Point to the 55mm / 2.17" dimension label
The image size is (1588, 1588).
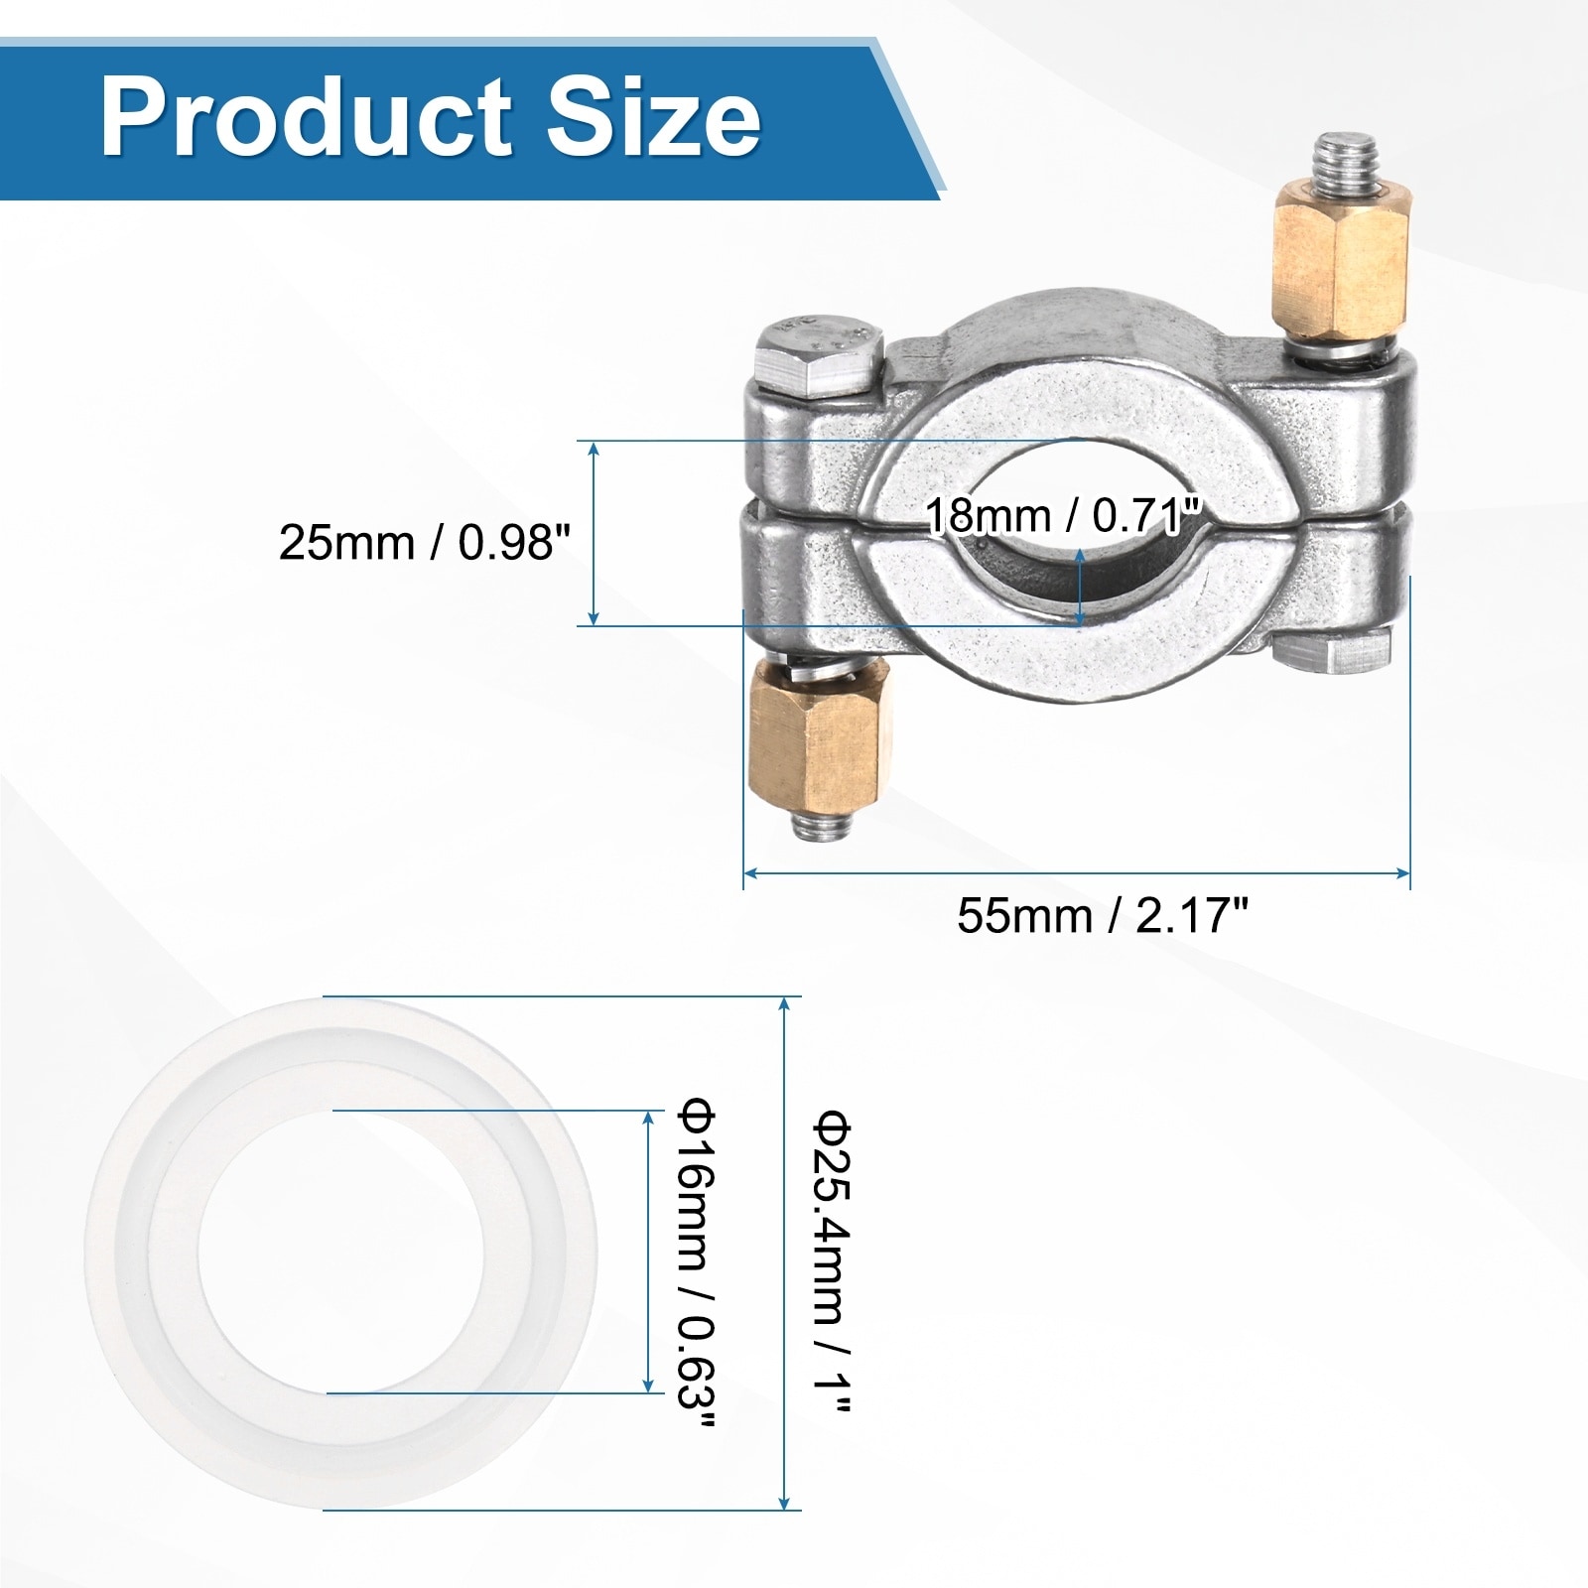pos(1102,915)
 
